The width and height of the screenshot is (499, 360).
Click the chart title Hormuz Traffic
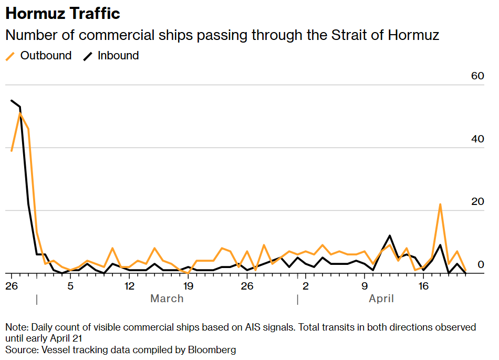tap(63, 13)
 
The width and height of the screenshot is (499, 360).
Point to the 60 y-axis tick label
tap(477, 76)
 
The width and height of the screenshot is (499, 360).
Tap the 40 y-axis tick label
tap(477, 139)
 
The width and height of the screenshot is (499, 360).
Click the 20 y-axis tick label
tap(477, 202)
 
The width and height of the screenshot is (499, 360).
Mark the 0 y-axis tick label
tap(480, 265)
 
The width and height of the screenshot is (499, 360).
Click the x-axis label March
tap(167, 299)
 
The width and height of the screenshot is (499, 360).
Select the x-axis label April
tap(381, 299)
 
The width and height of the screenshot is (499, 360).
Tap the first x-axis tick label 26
tap(11, 286)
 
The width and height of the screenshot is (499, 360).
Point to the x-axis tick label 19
tap(188, 286)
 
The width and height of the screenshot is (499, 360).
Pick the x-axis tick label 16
tap(423, 286)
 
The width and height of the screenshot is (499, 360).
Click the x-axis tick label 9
tap(365, 286)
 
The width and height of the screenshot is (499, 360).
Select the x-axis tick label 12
tap(129, 286)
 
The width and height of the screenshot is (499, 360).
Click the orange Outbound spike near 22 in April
tap(440, 204)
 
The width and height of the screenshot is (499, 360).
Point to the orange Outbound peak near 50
tap(20, 113)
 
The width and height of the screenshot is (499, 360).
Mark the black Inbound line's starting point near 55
tap(12, 100)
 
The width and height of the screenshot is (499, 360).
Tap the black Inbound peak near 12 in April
tap(390, 235)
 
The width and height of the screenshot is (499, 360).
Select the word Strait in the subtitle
tap(350, 36)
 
